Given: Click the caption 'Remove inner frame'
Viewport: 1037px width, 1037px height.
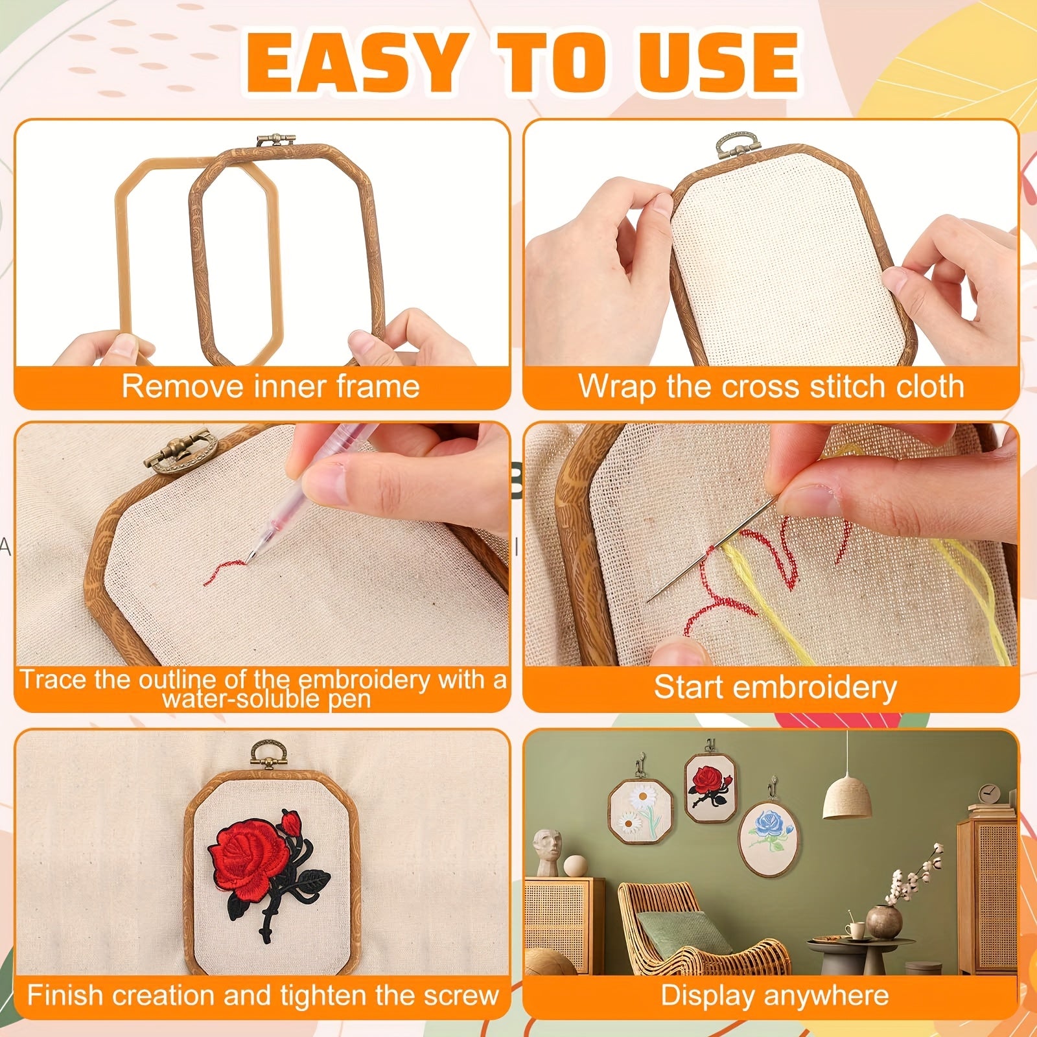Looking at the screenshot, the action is (270, 386).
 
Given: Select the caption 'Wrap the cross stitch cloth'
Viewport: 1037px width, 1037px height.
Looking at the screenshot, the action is (771, 386).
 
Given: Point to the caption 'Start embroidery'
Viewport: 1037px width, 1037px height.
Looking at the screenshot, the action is (775, 687).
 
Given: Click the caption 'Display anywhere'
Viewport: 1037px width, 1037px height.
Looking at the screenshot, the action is (775, 996).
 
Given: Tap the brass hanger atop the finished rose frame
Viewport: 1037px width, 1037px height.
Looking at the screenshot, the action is (265, 756).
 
